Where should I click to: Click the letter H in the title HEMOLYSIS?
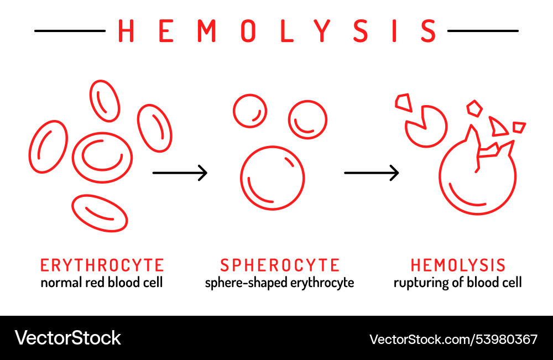coord(127,31)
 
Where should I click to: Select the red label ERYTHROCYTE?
coord(102,265)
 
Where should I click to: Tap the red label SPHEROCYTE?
coord(280,265)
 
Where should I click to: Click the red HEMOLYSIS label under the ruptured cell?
coord(458,265)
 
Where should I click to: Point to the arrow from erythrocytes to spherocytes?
coord(180,173)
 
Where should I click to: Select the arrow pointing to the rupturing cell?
coord(372,173)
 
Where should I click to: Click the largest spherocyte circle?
coord(273,178)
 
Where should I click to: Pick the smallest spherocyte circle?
coord(250,111)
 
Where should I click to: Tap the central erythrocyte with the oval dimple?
coord(102,157)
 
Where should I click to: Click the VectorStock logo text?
coord(68,338)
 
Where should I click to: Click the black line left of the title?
coord(70,31)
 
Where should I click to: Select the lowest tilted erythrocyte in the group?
coord(100,213)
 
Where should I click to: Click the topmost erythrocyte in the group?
coord(105,101)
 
